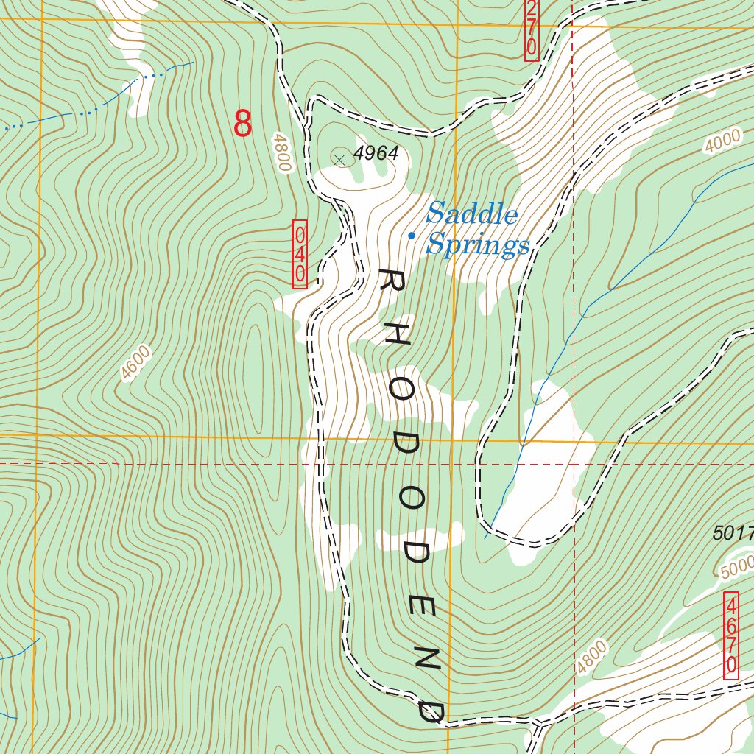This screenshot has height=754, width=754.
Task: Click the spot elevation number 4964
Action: (376, 153)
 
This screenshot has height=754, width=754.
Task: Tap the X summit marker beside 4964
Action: (339, 158)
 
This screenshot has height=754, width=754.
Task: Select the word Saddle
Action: (472, 214)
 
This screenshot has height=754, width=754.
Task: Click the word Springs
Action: (478, 244)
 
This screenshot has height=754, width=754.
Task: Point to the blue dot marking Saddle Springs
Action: (412, 236)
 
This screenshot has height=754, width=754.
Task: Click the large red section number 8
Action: (243, 124)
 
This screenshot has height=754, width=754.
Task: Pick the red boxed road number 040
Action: (300, 254)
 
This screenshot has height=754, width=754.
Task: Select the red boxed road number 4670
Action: (731, 636)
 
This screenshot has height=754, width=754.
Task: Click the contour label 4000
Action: (722, 141)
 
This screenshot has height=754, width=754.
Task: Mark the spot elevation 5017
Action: (733, 533)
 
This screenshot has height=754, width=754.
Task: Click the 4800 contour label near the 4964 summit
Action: (282, 152)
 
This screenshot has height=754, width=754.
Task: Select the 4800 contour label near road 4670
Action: (592, 658)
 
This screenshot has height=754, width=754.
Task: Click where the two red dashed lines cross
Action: (573, 464)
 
